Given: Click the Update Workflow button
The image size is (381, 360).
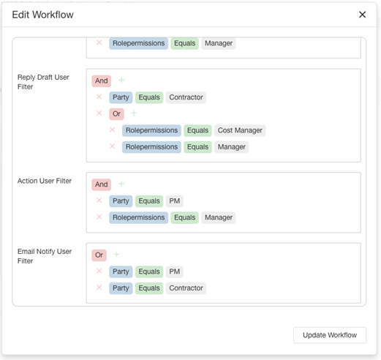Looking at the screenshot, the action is [330, 335].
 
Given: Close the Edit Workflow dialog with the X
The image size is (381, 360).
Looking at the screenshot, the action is [362, 15].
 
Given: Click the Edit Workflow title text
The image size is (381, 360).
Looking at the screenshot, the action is [42, 15].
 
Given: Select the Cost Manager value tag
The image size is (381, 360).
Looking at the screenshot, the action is [240, 130].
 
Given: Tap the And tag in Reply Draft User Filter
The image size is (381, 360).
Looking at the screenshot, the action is [102, 80].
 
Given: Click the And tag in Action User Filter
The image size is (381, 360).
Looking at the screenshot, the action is [102, 184].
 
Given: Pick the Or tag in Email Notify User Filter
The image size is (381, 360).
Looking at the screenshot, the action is [99, 255].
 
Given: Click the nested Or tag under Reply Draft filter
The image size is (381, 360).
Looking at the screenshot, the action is [116, 114].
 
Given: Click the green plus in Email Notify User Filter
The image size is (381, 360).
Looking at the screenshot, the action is [116, 255].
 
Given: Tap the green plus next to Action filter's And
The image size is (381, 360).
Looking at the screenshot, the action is [121, 184].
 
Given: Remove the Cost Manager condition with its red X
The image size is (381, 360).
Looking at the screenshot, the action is [112, 130].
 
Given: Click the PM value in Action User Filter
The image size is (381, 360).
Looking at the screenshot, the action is [175, 201].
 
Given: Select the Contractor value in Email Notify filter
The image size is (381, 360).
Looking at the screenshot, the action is [186, 288].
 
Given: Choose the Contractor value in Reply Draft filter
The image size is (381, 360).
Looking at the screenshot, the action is [186, 97].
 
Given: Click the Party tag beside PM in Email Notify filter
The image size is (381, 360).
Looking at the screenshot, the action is [121, 271].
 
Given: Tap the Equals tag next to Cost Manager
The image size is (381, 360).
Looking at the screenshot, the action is [197, 130].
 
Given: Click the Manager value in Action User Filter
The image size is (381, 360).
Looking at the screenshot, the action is [219, 217].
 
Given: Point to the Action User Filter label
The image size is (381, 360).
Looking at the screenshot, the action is [45, 181].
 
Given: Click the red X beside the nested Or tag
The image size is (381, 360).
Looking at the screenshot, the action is [99, 113].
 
